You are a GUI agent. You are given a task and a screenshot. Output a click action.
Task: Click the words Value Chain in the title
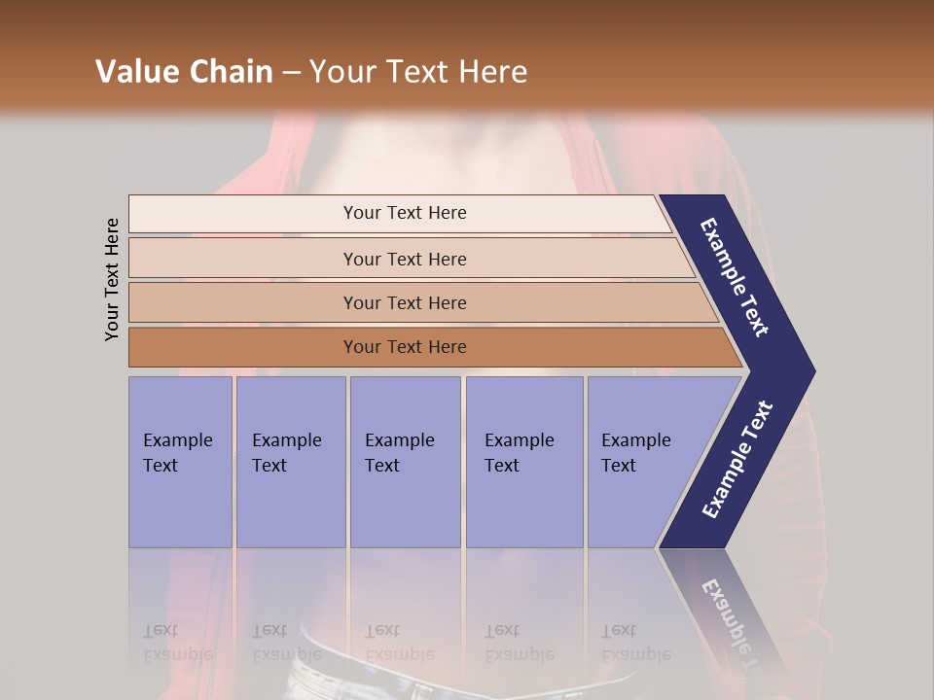[184, 72]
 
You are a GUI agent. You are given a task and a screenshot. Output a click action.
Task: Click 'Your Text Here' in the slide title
[418, 72]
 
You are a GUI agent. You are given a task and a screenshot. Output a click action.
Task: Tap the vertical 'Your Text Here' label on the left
[112, 279]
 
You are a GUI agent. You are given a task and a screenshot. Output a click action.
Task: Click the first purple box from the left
[180, 462]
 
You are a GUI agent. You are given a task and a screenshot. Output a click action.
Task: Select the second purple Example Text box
[291, 462]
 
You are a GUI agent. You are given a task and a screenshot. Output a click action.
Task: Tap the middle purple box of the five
[405, 462]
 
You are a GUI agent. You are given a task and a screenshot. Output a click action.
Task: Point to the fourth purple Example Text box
[524, 462]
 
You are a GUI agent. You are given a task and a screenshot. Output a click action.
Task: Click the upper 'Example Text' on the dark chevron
[735, 277]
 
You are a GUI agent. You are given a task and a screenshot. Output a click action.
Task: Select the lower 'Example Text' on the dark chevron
[737, 460]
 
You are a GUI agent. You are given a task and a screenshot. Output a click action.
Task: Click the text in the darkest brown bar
[405, 347]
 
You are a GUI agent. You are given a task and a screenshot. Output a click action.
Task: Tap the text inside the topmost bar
[405, 213]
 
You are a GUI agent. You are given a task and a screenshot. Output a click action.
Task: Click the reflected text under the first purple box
[177, 643]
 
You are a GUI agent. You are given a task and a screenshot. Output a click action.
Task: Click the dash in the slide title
[291, 73]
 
